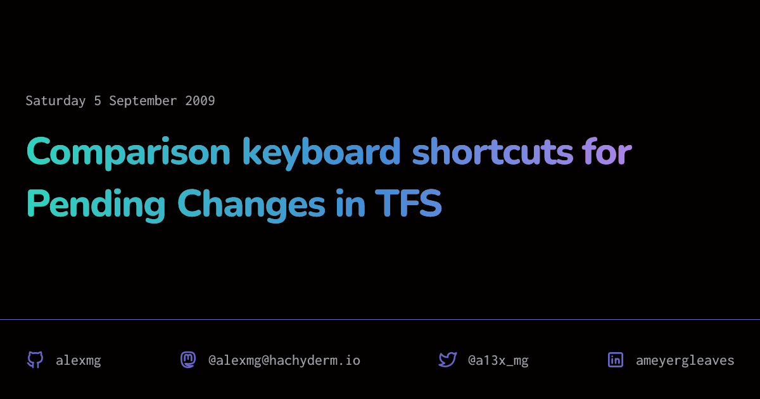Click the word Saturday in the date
click(56, 101)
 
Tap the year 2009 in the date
click(200, 101)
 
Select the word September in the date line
click(143, 101)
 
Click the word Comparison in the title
click(129, 152)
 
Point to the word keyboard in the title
click(322, 152)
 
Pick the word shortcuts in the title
click(493, 151)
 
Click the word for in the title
click(607, 151)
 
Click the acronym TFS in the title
click(408, 203)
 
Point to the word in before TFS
click(351, 203)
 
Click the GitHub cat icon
click(35, 360)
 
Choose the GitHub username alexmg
click(79, 360)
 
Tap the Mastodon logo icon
click(188, 360)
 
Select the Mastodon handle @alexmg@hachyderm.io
click(284, 360)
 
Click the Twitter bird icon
click(448, 360)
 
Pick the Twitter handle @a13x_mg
click(498, 360)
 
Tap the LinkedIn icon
click(616, 360)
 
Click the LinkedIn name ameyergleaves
click(685, 361)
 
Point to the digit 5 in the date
click(98, 101)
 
